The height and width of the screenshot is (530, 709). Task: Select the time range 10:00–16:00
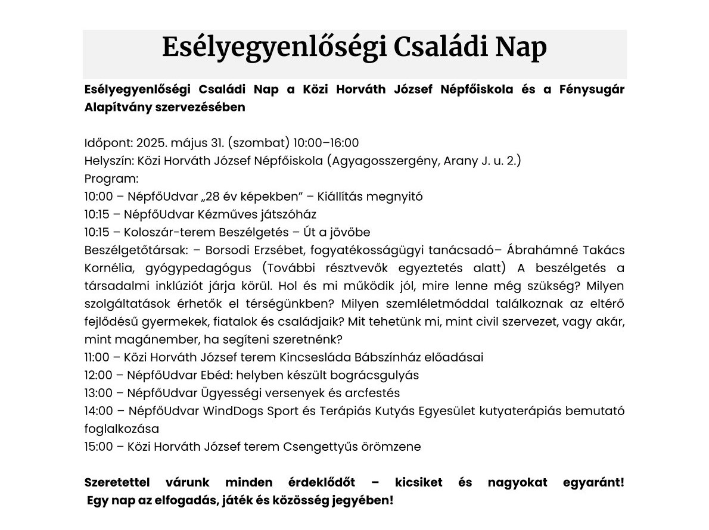[326, 143]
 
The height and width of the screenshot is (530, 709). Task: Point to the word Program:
[111, 179]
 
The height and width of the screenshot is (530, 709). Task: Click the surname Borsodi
[221, 250]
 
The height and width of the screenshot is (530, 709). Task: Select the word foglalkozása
[122, 429]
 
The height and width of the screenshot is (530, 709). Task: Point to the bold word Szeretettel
[119, 482]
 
